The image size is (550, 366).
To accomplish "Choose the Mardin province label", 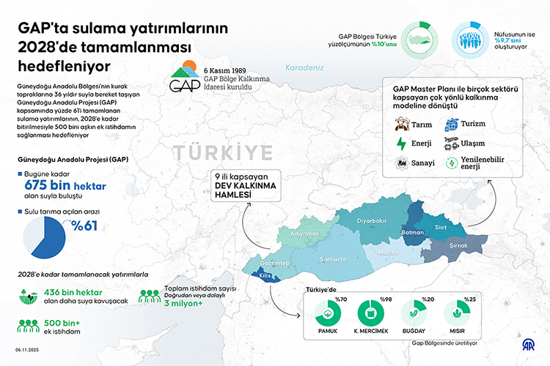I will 389,253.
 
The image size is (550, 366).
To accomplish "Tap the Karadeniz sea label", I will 305,67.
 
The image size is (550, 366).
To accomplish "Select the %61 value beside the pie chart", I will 84,225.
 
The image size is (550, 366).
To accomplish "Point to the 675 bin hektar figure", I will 65,186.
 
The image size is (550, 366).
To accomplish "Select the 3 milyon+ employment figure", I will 181,304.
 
